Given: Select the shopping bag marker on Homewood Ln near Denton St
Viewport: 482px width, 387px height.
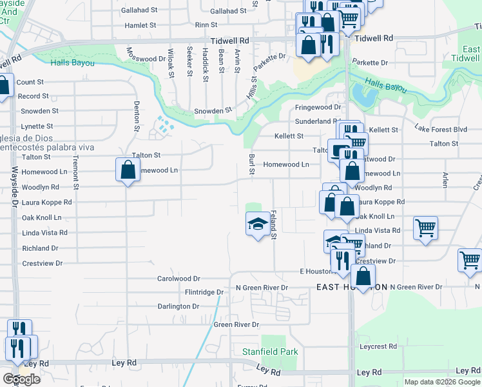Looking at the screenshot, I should (x=128, y=171).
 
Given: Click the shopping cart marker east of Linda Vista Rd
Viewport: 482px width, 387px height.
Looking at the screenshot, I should (x=425, y=228).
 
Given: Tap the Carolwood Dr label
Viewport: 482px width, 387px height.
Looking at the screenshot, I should (x=178, y=279).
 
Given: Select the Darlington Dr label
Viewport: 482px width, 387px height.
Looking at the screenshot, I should (x=178, y=306).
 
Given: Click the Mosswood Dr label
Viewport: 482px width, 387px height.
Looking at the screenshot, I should (x=146, y=59).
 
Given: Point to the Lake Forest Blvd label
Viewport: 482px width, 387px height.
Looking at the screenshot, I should (x=441, y=129).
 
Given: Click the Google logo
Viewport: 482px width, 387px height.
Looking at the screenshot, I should (x=21, y=379).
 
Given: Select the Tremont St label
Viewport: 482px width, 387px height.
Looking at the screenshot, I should (x=75, y=172).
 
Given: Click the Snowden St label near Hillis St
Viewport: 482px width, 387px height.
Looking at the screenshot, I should (x=213, y=111).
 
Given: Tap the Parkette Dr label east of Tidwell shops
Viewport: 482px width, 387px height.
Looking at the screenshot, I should (x=371, y=63).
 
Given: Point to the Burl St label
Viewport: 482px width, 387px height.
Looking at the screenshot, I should (x=252, y=164).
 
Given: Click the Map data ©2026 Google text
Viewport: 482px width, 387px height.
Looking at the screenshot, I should (x=441, y=382).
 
